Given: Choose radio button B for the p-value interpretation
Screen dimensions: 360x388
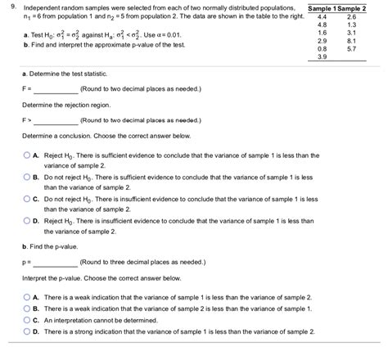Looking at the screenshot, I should click(25, 308).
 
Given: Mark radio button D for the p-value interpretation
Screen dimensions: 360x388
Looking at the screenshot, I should click(25, 331).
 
